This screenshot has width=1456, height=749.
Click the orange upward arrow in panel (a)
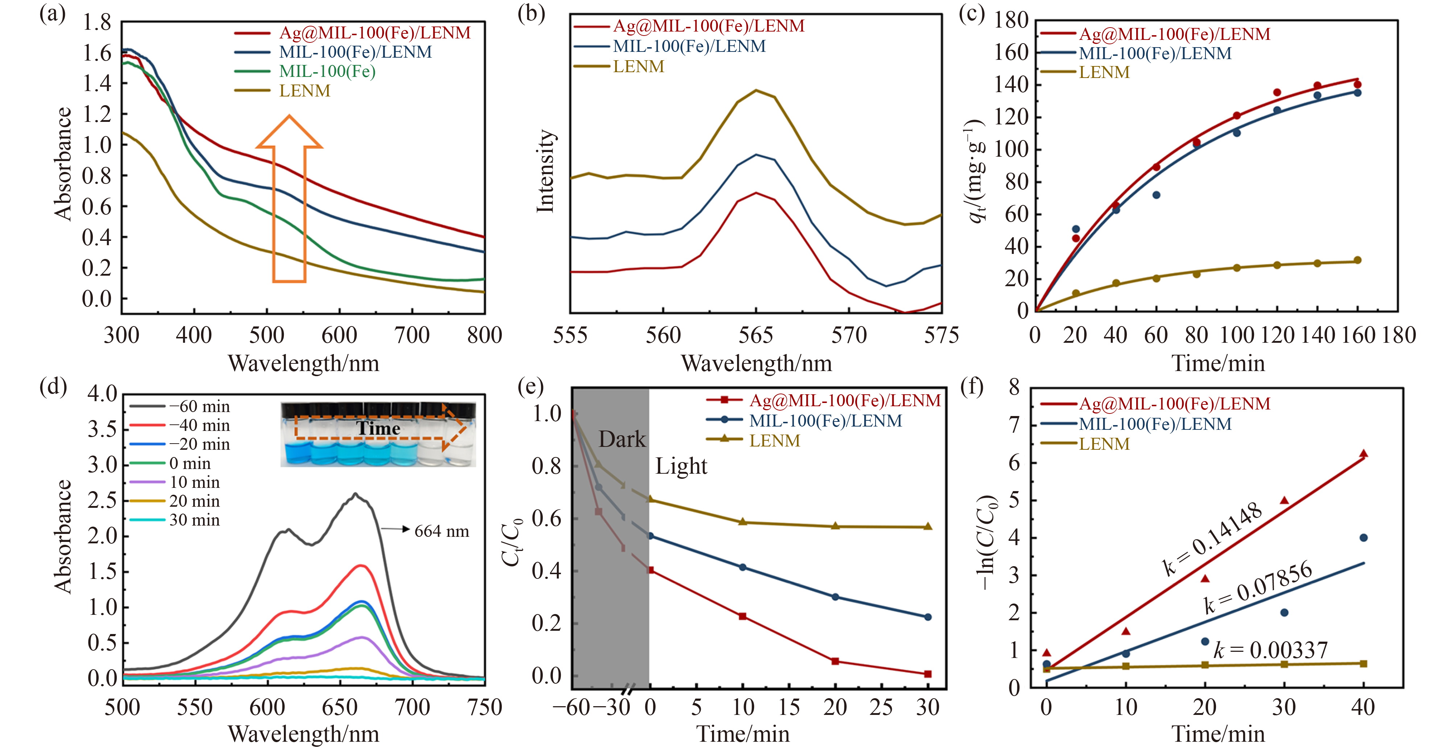tap(289, 198)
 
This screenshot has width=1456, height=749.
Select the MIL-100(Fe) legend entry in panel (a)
tap(327, 71)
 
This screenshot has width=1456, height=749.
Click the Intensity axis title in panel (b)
tap(545, 171)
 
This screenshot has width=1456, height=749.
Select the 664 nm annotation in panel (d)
tap(442, 531)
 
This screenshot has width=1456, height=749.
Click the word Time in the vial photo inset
tap(378, 428)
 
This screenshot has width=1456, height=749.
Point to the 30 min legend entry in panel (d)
tap(194, 520)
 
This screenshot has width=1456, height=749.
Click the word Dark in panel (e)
tap(622, 439)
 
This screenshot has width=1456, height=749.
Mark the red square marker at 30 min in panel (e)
tap(927, 674)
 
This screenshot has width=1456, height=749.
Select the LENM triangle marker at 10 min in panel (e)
tap(743, 522)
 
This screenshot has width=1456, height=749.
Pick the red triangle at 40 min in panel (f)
tap(1363, 454)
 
